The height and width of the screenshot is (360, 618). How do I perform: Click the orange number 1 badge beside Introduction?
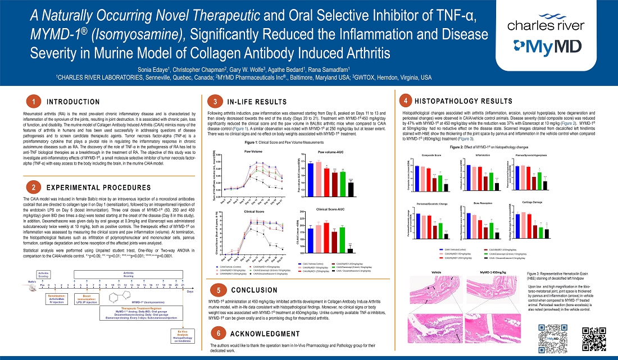[34, 102]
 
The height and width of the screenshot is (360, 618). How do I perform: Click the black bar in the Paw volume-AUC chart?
[351, 187]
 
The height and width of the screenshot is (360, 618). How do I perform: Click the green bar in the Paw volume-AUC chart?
[343, 180]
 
